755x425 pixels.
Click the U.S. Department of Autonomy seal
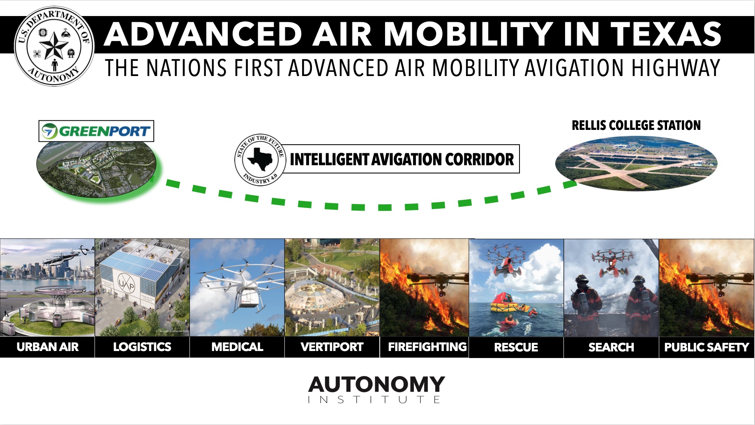click(x=54, y=46)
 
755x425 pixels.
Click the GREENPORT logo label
click(x=96, y=131)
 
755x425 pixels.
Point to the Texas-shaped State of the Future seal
click(x=260, y=159)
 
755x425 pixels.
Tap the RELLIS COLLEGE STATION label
click(x=636, y=125)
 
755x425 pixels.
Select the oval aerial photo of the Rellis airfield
click(x=636, y=164)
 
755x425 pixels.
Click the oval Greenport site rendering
click(x=96, y=169)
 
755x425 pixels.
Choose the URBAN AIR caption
click(x=47, y=347)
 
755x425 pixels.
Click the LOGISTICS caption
click(x=142, y=347)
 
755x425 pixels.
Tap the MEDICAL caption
click(x=237, y=347)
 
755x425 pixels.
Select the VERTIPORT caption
click(x=332, y=347)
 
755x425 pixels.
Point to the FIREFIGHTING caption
click(x=427, y=347)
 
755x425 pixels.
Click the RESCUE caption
click(x=516, y=347)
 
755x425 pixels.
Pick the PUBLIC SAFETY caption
click(x=707, y=347)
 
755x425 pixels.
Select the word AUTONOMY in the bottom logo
click(x=376, y=384)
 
